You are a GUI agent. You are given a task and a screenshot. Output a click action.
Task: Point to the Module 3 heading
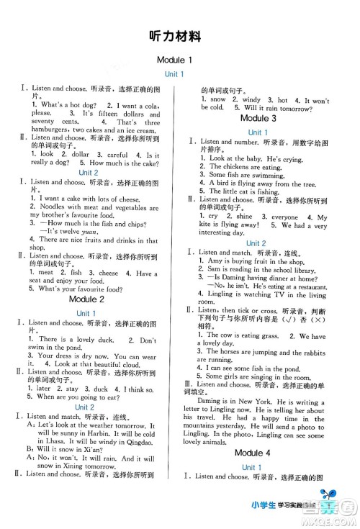[x=258, y=118]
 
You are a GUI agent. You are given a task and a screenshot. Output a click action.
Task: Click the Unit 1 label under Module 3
[x=258, y=132]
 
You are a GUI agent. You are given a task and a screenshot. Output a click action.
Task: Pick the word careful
[x=117, y=153]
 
